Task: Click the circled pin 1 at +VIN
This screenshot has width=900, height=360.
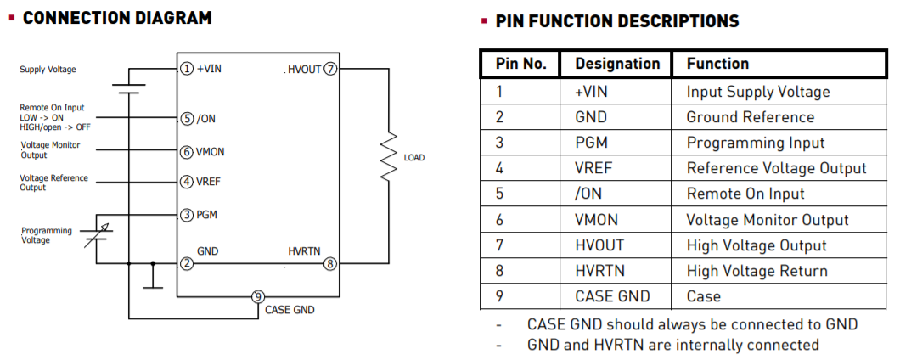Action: point(186,69)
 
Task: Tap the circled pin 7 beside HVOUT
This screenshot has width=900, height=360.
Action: point(330,69)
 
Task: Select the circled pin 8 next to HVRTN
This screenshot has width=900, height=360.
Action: point(330,264)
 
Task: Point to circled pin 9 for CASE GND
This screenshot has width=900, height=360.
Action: point(258,296)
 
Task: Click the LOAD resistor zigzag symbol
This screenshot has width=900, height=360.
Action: point(388,156)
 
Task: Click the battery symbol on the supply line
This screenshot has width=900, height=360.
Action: point(129,88)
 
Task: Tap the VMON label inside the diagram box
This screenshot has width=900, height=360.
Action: point(211,153)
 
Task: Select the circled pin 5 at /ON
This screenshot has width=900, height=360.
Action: point(186,119)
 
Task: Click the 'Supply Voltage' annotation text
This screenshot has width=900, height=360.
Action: point(48,70)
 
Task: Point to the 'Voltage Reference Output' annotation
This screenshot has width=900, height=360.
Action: point(53,183)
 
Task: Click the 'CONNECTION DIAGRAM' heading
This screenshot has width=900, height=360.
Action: point(117,18)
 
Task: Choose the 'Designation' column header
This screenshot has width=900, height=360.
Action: point(617,64)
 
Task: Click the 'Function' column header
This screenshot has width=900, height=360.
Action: point(717,64)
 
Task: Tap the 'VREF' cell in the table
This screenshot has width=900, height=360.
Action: point(593,168)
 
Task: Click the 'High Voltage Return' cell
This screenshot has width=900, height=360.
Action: point(757,271)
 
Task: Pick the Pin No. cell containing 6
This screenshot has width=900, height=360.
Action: point(500,220)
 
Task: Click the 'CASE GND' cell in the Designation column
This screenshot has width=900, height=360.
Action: point(612,296)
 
